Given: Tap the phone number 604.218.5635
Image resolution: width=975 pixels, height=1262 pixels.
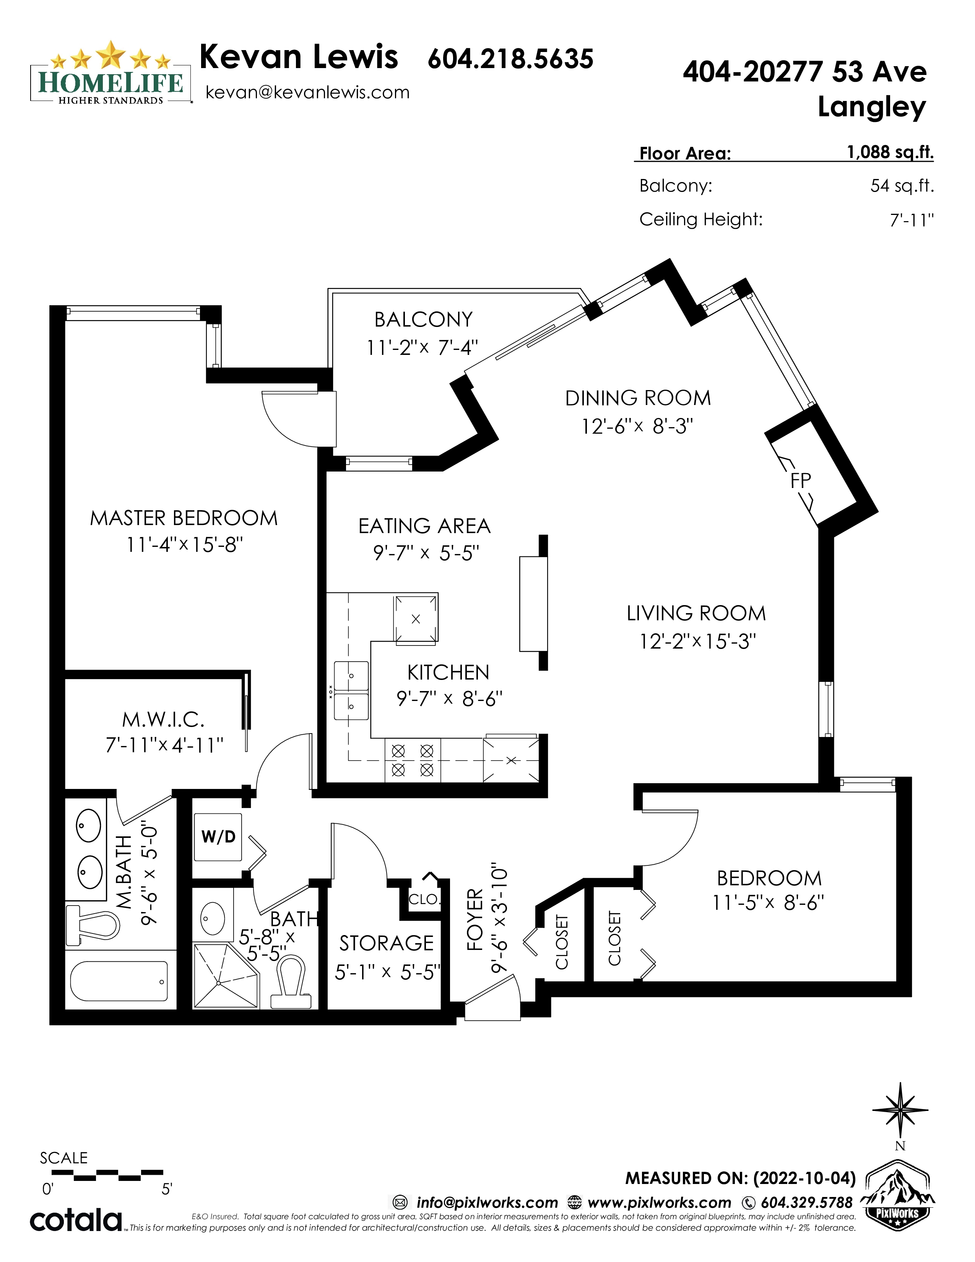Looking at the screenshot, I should [x=510, y=59].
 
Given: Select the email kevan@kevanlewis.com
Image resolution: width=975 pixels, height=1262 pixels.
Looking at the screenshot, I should [x=307, y=93].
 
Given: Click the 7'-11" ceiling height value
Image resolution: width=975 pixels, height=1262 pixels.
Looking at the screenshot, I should [x=912, y=220].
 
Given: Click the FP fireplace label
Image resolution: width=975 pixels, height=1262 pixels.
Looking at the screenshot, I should [x=801, y=480].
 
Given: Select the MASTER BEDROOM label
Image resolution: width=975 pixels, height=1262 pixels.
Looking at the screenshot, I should [x=184, y=518].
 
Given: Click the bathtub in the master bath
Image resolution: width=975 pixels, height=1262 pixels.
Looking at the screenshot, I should [x=119, y=981].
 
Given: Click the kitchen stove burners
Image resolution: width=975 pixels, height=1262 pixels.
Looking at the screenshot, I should [x=413, y=760].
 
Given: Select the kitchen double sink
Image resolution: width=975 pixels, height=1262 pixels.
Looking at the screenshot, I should [x=351, y=691].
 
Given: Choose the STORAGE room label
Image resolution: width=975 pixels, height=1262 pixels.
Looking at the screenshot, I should [x=387, y=943].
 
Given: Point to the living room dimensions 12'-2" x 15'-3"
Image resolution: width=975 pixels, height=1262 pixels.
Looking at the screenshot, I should [x=697, y=641].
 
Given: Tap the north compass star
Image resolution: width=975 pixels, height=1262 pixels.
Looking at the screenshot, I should [x=900, y=1110].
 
